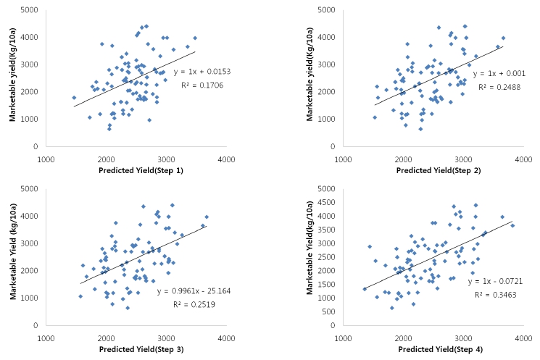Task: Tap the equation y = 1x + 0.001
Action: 495,74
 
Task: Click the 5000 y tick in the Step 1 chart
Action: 32,10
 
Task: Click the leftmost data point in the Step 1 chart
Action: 74,98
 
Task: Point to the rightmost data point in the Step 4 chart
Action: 512,225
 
